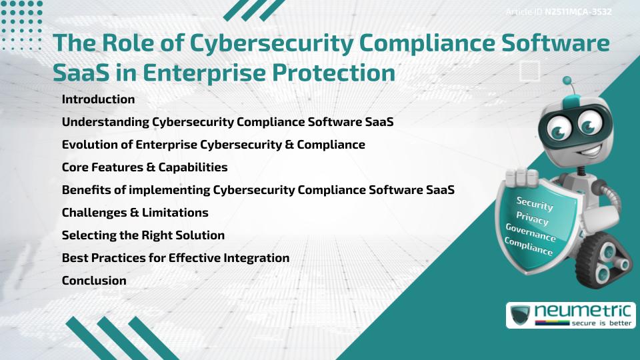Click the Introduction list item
[98, 99]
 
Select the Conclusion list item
[94, 281]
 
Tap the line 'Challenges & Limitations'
[135, 213]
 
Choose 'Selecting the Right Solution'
[143, 235]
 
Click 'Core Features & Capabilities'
[145, 167]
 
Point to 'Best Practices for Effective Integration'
[175, 258]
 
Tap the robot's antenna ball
[567, 81]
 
